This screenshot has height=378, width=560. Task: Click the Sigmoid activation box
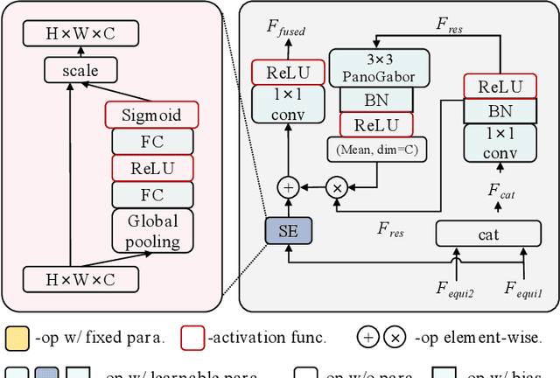(151, 115)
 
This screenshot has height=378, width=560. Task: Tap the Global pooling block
(151, 231)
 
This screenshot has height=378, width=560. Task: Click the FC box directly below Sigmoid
(151, 142)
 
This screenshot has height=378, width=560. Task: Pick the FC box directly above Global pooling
(151, 194)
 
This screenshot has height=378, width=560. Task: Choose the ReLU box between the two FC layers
(151, 168)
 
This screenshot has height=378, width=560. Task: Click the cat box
(488, 234)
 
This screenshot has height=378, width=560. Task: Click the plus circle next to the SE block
(288, 187)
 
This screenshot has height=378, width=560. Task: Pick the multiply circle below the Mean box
(337, 187)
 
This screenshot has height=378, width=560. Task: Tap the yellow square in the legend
(16, 338)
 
